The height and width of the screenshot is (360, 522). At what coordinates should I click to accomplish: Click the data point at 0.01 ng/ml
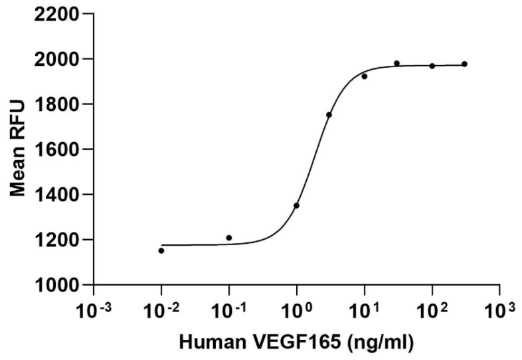pyautogui.click(x=161, y=250)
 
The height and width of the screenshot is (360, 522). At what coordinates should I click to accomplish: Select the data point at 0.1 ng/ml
pyautogui.click(x=229, y=237)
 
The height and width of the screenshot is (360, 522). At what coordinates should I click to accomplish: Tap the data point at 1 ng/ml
pyautogui.click(x=296, y=205)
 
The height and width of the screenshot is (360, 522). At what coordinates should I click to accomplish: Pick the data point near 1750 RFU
pyautogui.click(x=329, y=115)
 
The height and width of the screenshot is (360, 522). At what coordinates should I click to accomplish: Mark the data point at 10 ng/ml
pyautogui.click(x=365, y=76)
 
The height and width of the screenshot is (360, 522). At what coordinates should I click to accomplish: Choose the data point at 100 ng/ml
pyautogui.click(x=432, y=66)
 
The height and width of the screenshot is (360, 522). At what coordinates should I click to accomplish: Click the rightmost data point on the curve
pyautogui.click(x=464, y=64)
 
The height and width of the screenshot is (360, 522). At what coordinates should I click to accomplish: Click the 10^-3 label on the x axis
pyautogui.click(x=94, y=309)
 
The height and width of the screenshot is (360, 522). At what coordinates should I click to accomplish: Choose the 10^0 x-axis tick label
pyautogui.click(x=296, y=309)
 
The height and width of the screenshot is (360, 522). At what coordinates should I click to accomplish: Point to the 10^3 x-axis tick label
pyautogui.click(x=499, y=309)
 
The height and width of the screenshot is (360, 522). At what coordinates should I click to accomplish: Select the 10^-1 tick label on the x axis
pyautogui.click(x=228, y=309)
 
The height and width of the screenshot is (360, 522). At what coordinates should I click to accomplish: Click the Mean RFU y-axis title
pyautogui.click(x=19, y=149)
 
